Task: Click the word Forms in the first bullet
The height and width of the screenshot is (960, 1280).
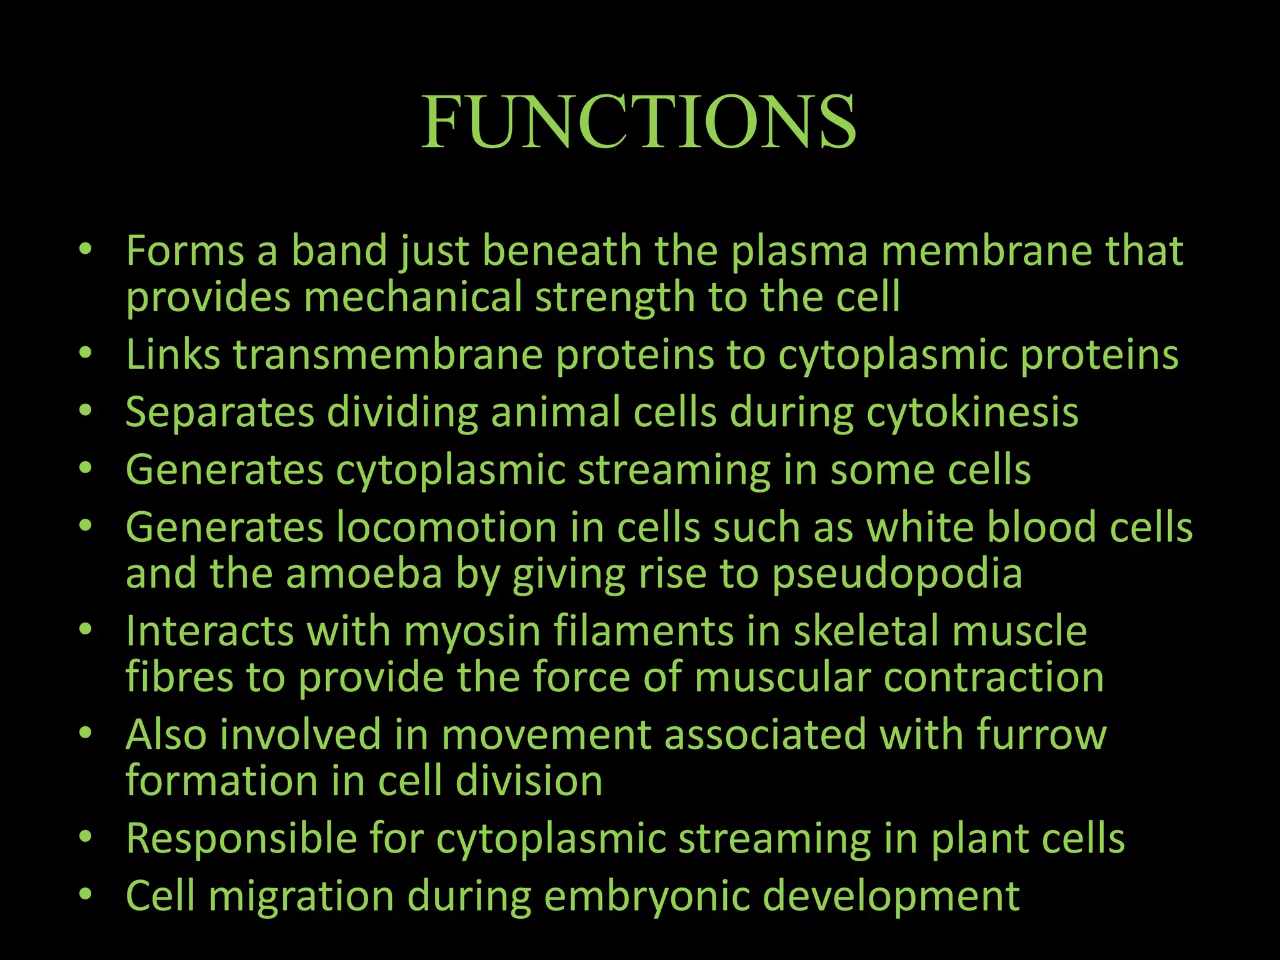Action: click(x=185, y=251)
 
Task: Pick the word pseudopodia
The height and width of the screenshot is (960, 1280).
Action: click(x=897, y=575)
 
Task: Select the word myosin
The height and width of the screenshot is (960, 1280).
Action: click(x=472, y=632)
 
